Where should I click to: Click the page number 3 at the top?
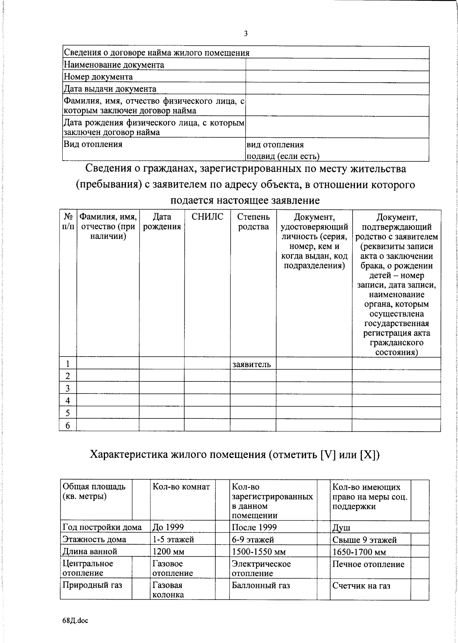[246, 34]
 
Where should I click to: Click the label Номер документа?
[98, 77]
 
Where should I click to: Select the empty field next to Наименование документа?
[337, 64]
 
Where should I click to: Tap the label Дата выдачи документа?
[110, 89]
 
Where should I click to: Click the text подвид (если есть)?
[283, 156]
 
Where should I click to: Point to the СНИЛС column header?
[207, 217]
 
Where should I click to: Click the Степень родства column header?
[253, 222]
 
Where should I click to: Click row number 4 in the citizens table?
[68, 400]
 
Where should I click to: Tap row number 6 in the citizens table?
[68, 425]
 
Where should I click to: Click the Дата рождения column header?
[162, 222]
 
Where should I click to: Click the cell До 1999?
[168, 527]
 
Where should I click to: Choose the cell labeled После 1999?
[254, 527]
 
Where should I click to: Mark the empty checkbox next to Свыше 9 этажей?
[420, 539]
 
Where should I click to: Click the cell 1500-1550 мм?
[259, 552]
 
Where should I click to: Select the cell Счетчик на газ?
[361, 586]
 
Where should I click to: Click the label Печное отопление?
[368, 564]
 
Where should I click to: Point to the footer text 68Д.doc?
[75, 620]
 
